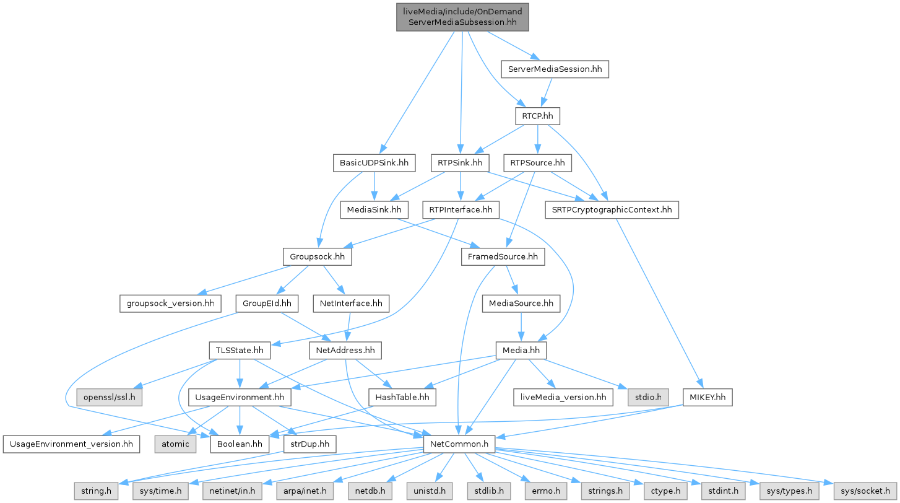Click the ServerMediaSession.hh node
point(555,69)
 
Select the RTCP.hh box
point(537,116)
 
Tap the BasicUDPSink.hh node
point(374,164)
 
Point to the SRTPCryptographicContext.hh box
point(612,211)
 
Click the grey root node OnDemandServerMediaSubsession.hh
point(463,16)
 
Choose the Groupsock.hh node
point(318,256)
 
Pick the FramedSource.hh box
point(503,256)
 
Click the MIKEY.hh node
point(707,397)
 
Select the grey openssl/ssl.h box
point(110,397)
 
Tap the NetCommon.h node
point(459,444)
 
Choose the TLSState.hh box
point(240,351)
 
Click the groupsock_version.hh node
point(170,304)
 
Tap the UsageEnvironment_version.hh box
point(69,444)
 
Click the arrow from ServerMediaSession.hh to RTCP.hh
point(545,92)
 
